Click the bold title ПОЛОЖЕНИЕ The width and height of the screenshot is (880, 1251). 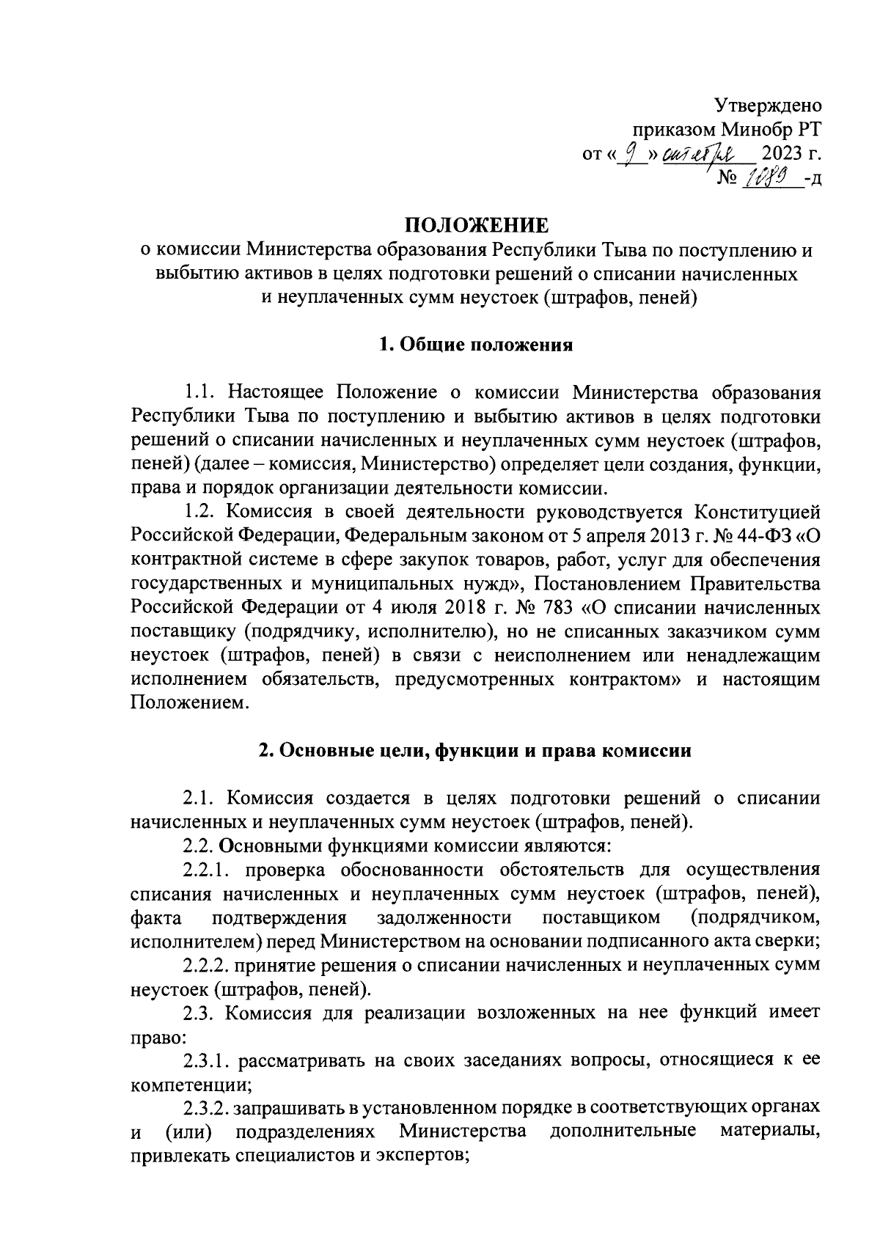pyautogui.click(x=477, y=224)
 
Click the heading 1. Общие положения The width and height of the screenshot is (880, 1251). pyautogui.click(x=476, y=345)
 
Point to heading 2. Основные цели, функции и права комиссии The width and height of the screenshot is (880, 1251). pyautogui.click(x=476, y=751)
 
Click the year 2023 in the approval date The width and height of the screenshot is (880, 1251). pyautogui.click(x=782, y=155)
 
